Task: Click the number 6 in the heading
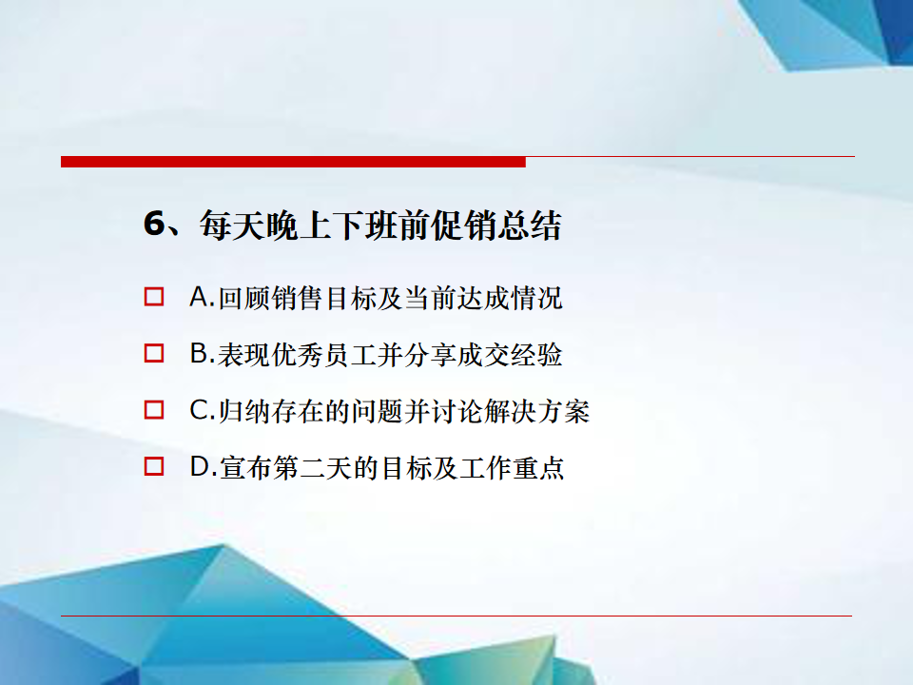tap(155, 224)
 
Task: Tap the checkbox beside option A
tap(154, 297)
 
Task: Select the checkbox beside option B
tap(154, 353)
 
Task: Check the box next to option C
tap(154, 410)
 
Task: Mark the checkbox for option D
tap(154, 466)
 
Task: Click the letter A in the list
tap(199, 297)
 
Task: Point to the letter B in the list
tap(199, 354)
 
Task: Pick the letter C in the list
tap(199, 410)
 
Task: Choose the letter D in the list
tap(199, 466)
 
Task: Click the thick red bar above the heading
tap(293, 162)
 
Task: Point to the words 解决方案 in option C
tap(537, 411)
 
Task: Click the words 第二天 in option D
tap(312, 468)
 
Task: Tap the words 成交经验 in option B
tap(510, 354)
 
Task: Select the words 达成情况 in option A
tap(510, 298)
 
